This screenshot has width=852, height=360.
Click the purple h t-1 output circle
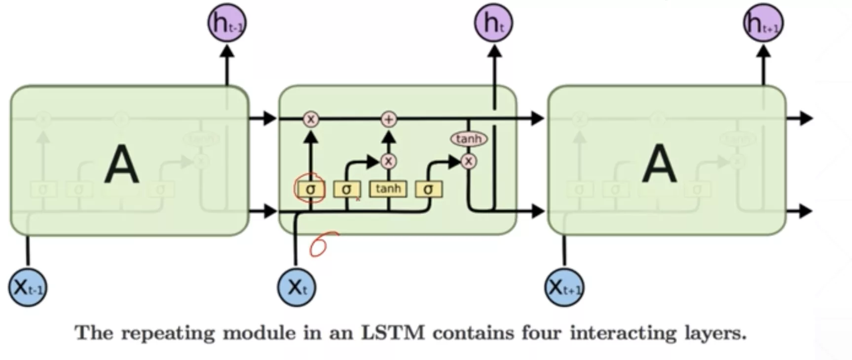click(x=226, y=23)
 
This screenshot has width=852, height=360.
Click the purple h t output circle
click(x=493, y=23)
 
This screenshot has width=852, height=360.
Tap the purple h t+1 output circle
click(x=763, y=23)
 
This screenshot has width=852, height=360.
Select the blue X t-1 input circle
click(x=28, y=287)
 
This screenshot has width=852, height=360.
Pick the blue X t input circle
click(x=296, y=287)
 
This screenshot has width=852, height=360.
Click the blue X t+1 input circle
click(x=564, y=287)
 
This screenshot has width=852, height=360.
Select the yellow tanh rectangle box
click(x=388, y=189)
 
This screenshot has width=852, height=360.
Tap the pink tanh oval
click(x=469, y=139)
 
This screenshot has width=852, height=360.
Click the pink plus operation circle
click(x=389, y=119)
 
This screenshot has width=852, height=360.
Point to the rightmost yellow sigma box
click(x=428, y=189)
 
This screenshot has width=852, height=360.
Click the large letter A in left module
click(x=121, y=165)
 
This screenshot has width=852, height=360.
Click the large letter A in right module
click(x=659, y=165)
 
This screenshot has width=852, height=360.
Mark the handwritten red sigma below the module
click(x=321, y=245)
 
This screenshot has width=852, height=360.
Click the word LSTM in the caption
click(x=393, y=333)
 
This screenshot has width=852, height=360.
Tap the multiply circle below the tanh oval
click(x=469, y=161)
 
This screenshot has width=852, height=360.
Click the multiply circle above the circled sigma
click(x=311, y=119)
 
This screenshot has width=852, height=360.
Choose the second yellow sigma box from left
click(x=347, y=189)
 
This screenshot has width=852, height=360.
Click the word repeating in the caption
click(x=168, y=333)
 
